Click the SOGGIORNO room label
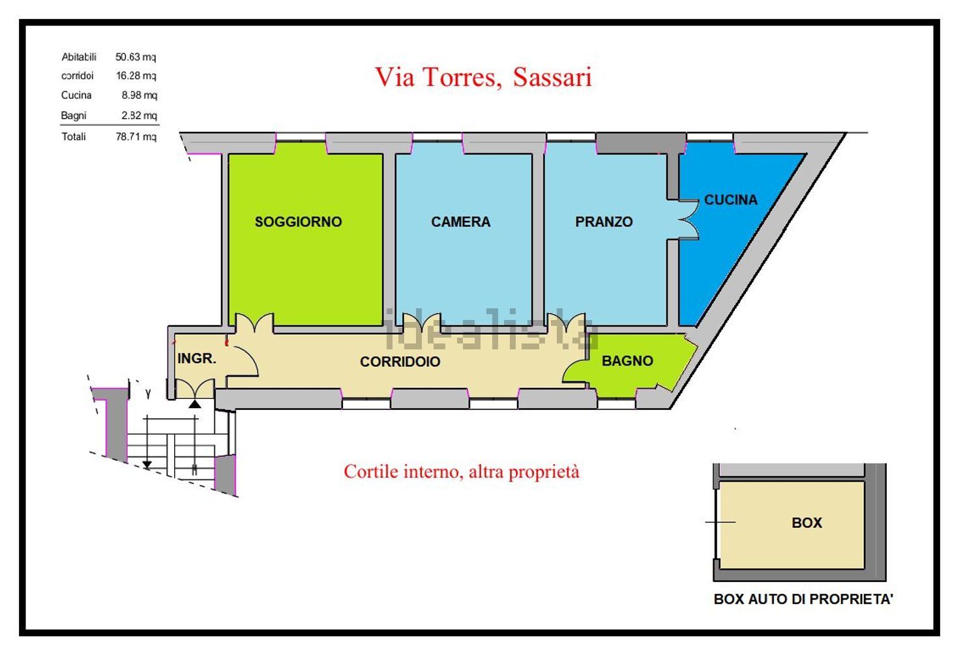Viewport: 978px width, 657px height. pos(298,222)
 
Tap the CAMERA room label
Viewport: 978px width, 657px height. pos(460,222)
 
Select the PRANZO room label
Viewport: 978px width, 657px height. pos(604,222)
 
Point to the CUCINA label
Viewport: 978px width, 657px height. pos(730,200)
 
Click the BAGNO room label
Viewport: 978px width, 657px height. pos(627,361)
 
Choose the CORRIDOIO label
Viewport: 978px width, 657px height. pos(400,362)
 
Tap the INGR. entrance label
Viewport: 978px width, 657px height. pos(196,358)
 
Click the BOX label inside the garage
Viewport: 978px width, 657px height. pos(807,523)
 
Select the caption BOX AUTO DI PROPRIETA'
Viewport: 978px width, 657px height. pos(803,599)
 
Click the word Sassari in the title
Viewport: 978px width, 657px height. pos(552,77)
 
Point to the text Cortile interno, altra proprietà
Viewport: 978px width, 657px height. pos(461,471)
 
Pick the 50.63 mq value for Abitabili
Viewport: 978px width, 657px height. pos(136,57)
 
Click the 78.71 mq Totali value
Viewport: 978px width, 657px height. pos(136,137)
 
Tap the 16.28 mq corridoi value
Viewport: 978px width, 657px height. pos(136,76)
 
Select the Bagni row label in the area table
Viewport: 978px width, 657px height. pos(74,115)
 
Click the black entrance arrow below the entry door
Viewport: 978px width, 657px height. pos(195,404)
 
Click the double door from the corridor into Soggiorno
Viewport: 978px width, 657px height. pos(254,323)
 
